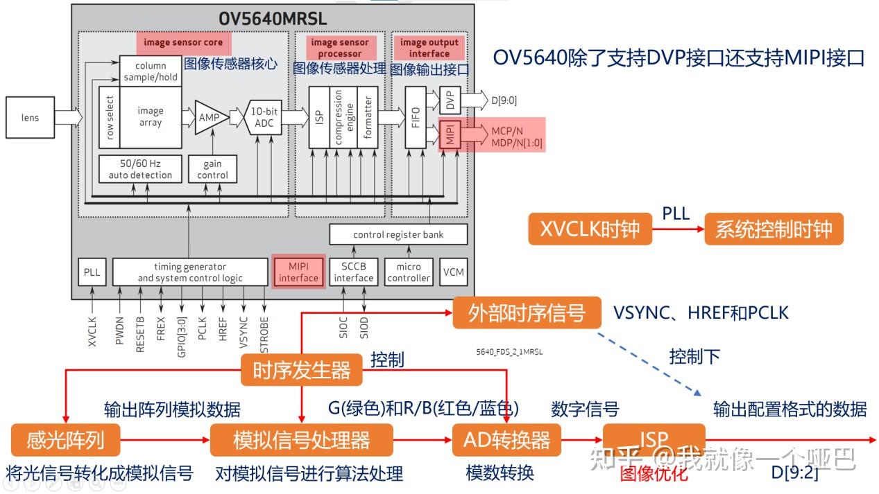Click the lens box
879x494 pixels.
click(30, 118)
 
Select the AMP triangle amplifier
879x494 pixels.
click(208, 118)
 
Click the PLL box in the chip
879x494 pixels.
click(92, 272)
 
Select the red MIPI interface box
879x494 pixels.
click(298, 272)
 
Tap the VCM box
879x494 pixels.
click(453, 272)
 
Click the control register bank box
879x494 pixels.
click(398, 234)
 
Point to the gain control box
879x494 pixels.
click(212, 169)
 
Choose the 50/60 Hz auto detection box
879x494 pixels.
click(140, 169)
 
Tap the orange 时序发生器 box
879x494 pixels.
click(302, 370)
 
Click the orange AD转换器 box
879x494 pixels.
click(506, 439)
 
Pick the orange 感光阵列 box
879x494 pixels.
click(65, 439)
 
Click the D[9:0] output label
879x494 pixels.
click(504, 100)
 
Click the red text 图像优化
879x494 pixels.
click(654, 474)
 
